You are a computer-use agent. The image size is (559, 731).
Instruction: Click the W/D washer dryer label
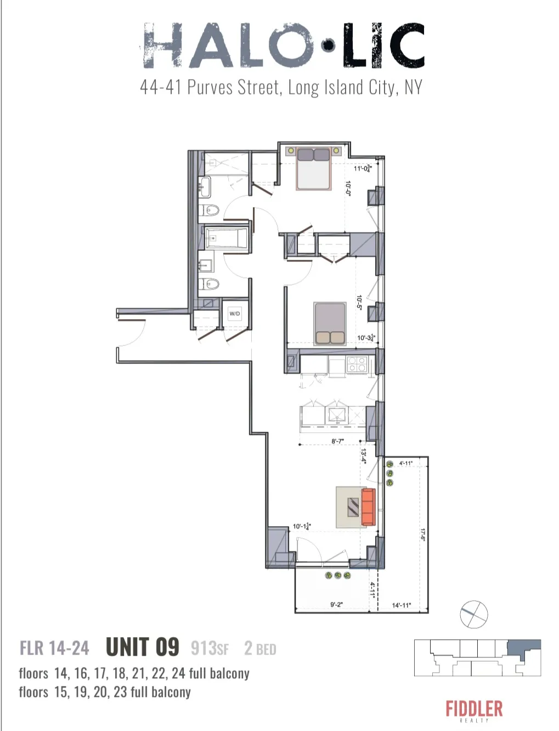pyautogui.click(x=235, y=314)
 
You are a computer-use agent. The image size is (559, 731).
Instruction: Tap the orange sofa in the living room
pyautogui.click(x=368, y=507)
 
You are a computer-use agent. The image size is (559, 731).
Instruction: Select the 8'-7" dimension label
pyautogui.click(x=337, y=441)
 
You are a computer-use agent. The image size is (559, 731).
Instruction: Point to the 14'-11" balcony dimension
pyautogui.click(x=402, y=605)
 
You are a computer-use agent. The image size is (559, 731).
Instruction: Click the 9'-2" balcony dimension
pyautogui.click(x=336, y=605)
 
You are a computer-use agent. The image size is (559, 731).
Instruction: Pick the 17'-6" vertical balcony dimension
pyautogui.click(x=423, y=534)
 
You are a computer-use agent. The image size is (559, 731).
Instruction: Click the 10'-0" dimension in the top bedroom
pyautogui.click(x=348, y=188)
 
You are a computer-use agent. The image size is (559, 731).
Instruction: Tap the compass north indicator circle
pyautogui.click(x=474, y=614)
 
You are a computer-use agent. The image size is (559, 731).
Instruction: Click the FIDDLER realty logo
pyautogui.click(x=474, y=710)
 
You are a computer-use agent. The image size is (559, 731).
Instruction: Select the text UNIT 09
pyautogui.click(x=143, y=648)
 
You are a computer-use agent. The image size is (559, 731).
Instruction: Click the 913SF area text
pyautogui.click(x=210, y=649)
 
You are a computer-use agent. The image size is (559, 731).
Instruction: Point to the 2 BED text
pyautogui.click(x=260, y=649)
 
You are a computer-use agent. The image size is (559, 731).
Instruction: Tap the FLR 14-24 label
pyautogui.click(x=54, y=648)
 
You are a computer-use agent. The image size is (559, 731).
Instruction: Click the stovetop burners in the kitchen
pyautogui.click(x=357, y=365)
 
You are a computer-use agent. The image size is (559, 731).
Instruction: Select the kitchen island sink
pyautogui.click(x=335, y=415)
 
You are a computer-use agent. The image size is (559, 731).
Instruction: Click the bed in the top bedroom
pyautogui.click(x=314, y=168)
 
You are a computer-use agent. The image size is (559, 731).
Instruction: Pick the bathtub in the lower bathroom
pyautogui.click(x=227, y=238)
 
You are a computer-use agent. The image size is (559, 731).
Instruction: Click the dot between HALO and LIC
pyautogui.click(x=328, y=44)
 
